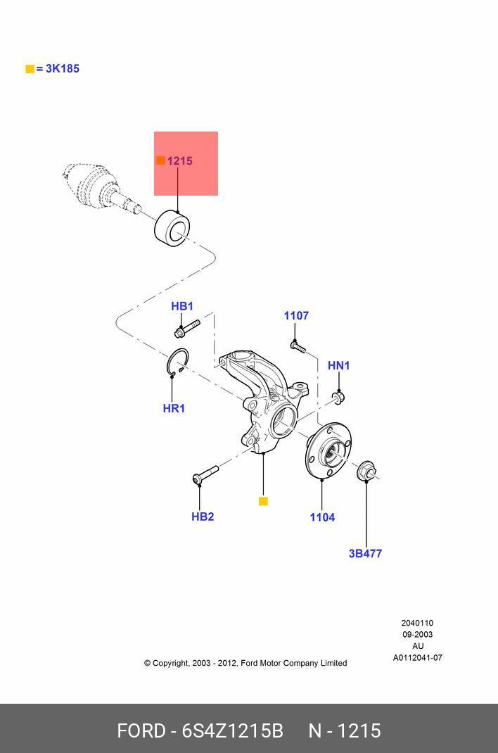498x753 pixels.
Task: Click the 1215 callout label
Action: tap(180, 161)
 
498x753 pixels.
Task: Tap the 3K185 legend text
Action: tap(63, 69)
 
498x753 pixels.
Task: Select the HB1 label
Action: tap(182, 306)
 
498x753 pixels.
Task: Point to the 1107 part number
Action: tap(297, 315)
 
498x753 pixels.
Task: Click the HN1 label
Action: tap(339, 365)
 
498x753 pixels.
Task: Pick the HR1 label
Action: tap(174, 409)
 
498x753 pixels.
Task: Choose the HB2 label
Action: tap(203, 517)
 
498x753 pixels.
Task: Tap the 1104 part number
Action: tap(322, 517)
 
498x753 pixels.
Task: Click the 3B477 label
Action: tap(366, 554)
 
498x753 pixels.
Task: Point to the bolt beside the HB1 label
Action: tap(187, 329)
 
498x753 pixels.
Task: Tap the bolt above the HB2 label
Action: tap(205, 474)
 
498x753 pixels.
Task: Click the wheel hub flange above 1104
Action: tap(328, 450)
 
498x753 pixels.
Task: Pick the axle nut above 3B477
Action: tap(367, 470)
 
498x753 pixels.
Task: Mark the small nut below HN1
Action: tap(338, 397)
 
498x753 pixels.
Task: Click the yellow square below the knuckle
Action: tap(263, 501)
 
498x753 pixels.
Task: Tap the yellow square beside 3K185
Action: tap(30, 69)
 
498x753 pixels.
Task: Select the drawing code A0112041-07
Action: tap(418, 658)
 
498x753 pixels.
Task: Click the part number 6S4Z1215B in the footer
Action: tap(233, 731)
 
